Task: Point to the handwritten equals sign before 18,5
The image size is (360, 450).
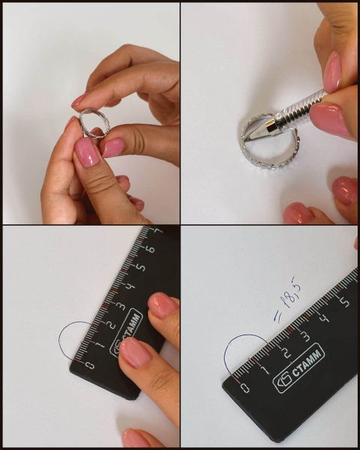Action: [277, 316]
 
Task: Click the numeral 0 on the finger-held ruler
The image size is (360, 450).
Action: [90, 365]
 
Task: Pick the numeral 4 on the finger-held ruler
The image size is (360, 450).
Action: [130, 286]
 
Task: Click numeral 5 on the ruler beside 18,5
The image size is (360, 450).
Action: [345, 302]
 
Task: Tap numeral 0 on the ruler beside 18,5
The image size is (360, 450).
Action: [245, 388]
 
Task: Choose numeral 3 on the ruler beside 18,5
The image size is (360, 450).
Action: [306, 336]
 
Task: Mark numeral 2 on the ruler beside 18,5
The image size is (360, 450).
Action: [286, 352]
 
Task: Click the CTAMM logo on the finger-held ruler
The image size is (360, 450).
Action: [126, 333]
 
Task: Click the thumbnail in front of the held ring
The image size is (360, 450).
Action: [87, 152]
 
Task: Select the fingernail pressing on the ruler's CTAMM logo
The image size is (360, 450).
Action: [135, 352]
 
